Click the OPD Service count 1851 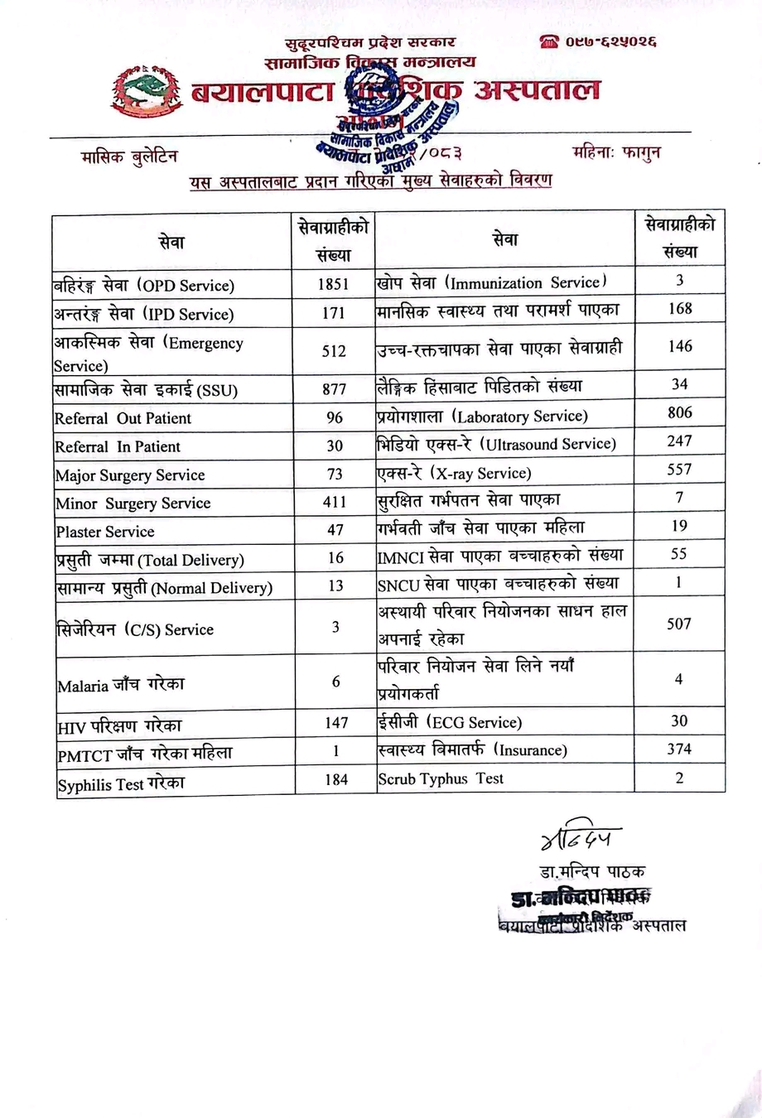pyautogui.click(x=334, y=284)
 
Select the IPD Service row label pyautogui.click(x=144, y=314)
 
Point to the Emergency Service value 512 pyautogui.click(x=334, y=351)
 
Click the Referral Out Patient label pyautogui.click(x=123, y=418)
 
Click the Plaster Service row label pyautogui.click(x=105, y=532)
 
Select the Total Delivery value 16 pyautogui.click(x=335, y=557)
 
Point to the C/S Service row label pyautogui.click(x=135, y=629)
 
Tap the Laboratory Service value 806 pyautogui.click(x=679, y=412)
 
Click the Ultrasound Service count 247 pyautogui.click(x=679, y=441)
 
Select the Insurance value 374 pyautogui.click(x=679, y=749)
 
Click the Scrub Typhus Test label pyautogui.click(x=441, y=778)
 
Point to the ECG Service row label pyautogui.click(x=450, y=722)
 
